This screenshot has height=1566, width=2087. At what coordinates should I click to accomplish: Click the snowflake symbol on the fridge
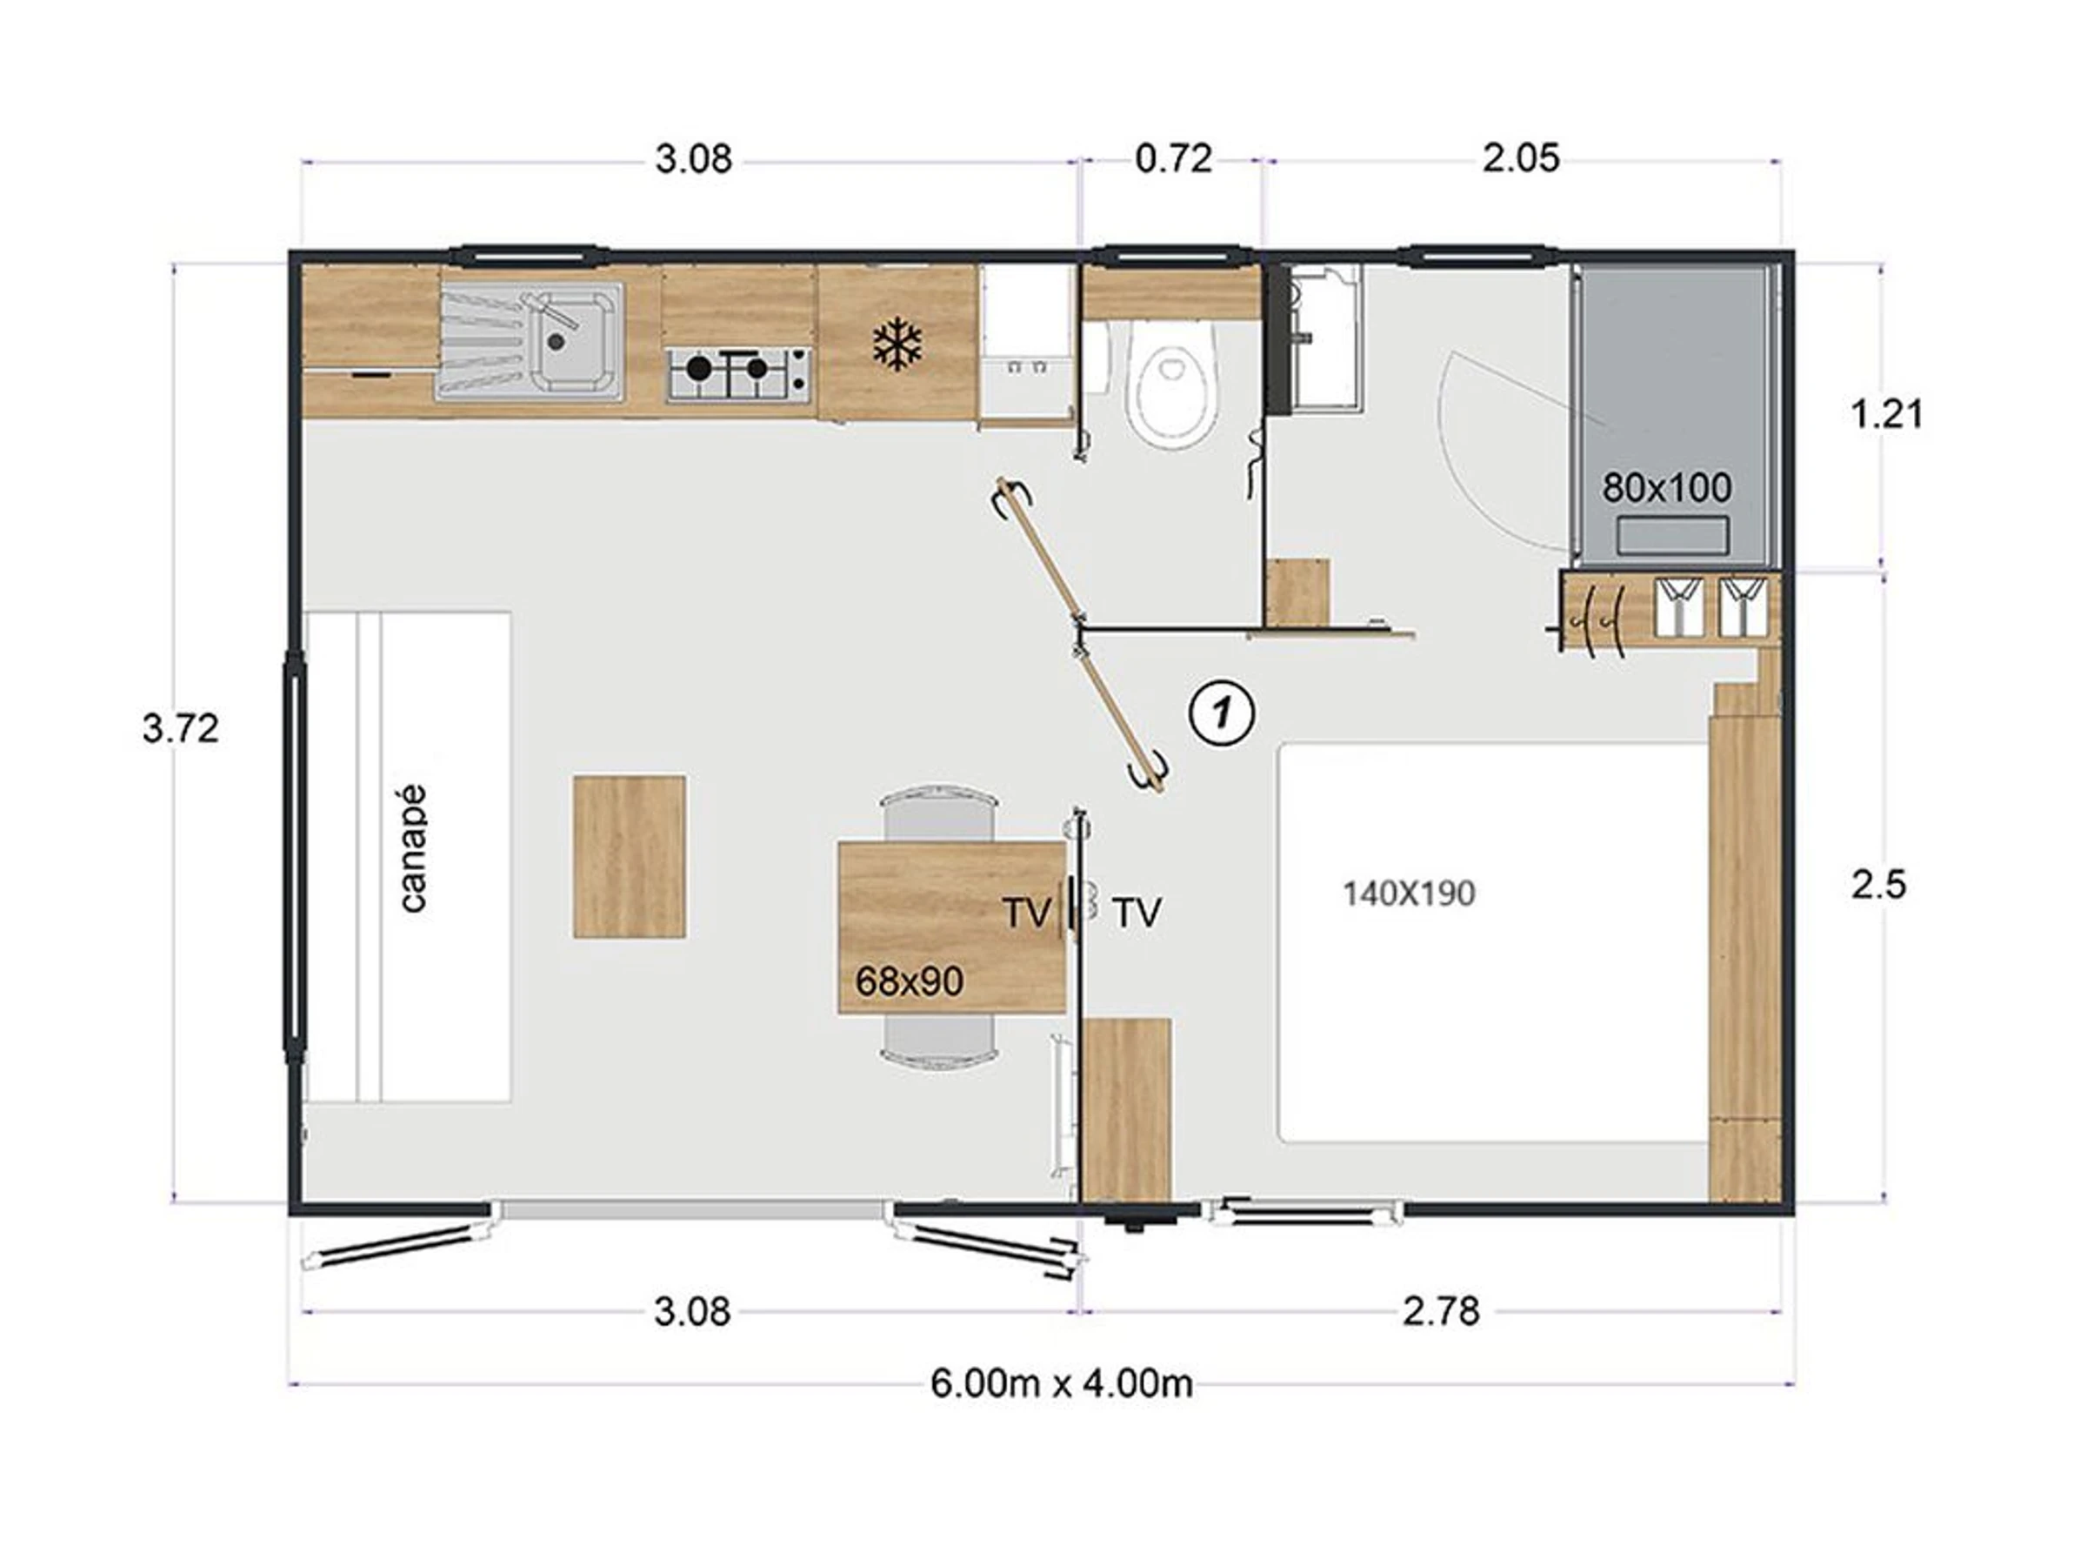(896, 344)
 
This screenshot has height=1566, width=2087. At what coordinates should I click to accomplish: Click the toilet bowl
(1176, 388)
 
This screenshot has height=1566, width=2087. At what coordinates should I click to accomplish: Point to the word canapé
(413, 848)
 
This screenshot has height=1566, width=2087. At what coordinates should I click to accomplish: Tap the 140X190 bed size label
(1409, 893)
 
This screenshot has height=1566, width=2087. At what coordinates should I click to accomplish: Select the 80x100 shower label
(1667, 488)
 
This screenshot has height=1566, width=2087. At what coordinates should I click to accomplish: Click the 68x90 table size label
(910, 980)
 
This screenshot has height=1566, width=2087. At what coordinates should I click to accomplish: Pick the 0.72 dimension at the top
(1174, 158)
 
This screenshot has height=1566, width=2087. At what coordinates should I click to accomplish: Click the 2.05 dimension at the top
(1521, 158)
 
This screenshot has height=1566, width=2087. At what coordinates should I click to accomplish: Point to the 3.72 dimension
(180, 728)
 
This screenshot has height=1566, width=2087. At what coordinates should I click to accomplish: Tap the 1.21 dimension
(1886, 413)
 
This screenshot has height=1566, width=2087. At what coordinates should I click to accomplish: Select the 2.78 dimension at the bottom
(1441, 1311)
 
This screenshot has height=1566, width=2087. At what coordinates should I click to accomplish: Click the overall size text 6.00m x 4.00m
(1062, 1384)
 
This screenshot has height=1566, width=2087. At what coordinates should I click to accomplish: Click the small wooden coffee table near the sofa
(630, 856)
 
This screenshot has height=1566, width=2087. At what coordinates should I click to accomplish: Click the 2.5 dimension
(1878, 885)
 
